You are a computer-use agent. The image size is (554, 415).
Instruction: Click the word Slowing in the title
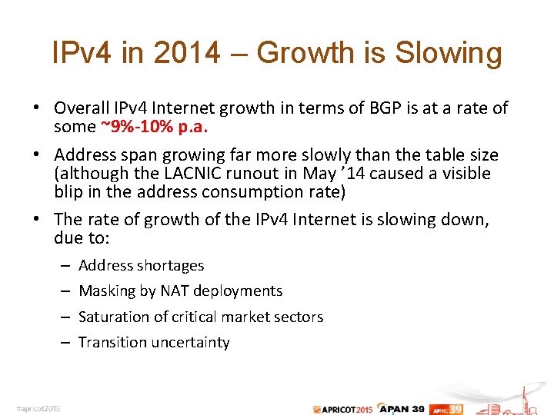[x=449, y=53]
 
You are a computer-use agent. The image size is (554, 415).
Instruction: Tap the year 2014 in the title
[x=188, y=53]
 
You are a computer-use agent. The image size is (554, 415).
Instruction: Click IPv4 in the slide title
[x=82, y=53]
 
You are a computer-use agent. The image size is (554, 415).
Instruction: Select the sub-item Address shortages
[x=141, y=265]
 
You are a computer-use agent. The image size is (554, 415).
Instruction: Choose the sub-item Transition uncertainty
[x=154, y=342]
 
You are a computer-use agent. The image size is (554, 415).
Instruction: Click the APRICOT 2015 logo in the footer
[x=343, y=408]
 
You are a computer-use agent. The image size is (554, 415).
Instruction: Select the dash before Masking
[x=65, y=291]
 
